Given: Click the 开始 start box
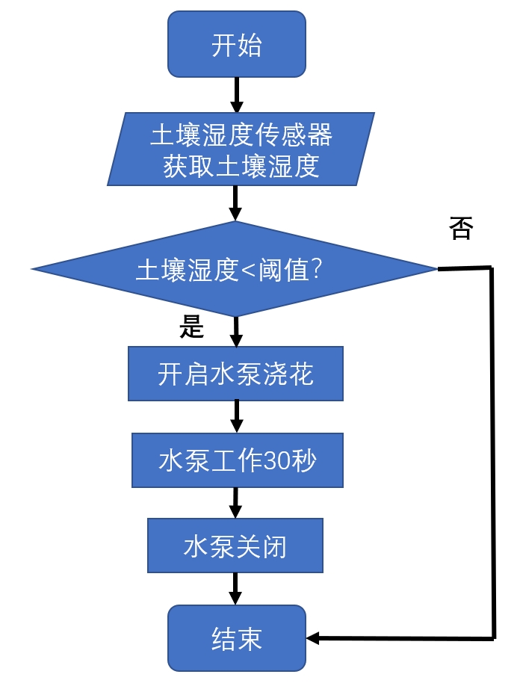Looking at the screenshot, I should (x=237, y=45).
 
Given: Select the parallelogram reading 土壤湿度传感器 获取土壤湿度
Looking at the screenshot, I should (x=241, y=149).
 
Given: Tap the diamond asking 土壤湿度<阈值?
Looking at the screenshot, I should (x=234, y=269).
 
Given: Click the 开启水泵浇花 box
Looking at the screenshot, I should (x=235, y=373).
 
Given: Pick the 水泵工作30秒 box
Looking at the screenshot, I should (x=237, y=460).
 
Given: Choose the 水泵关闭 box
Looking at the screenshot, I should (x=235, y=546).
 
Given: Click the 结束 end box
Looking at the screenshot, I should (x=237, y=638).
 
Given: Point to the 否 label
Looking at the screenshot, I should (x=461, y=229).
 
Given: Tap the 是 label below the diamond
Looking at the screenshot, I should (x=192, y=328).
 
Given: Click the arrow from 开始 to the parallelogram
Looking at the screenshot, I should (x=237, y=94).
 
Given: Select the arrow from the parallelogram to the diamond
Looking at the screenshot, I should (x=236, y=203).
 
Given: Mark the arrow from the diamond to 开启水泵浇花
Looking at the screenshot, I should (x=236, y=330).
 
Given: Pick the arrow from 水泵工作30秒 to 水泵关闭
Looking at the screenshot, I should (x=236, y=503).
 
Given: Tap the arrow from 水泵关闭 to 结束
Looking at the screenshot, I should (x=236, y=589).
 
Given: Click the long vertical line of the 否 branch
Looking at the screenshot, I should (x=492, y=448).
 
